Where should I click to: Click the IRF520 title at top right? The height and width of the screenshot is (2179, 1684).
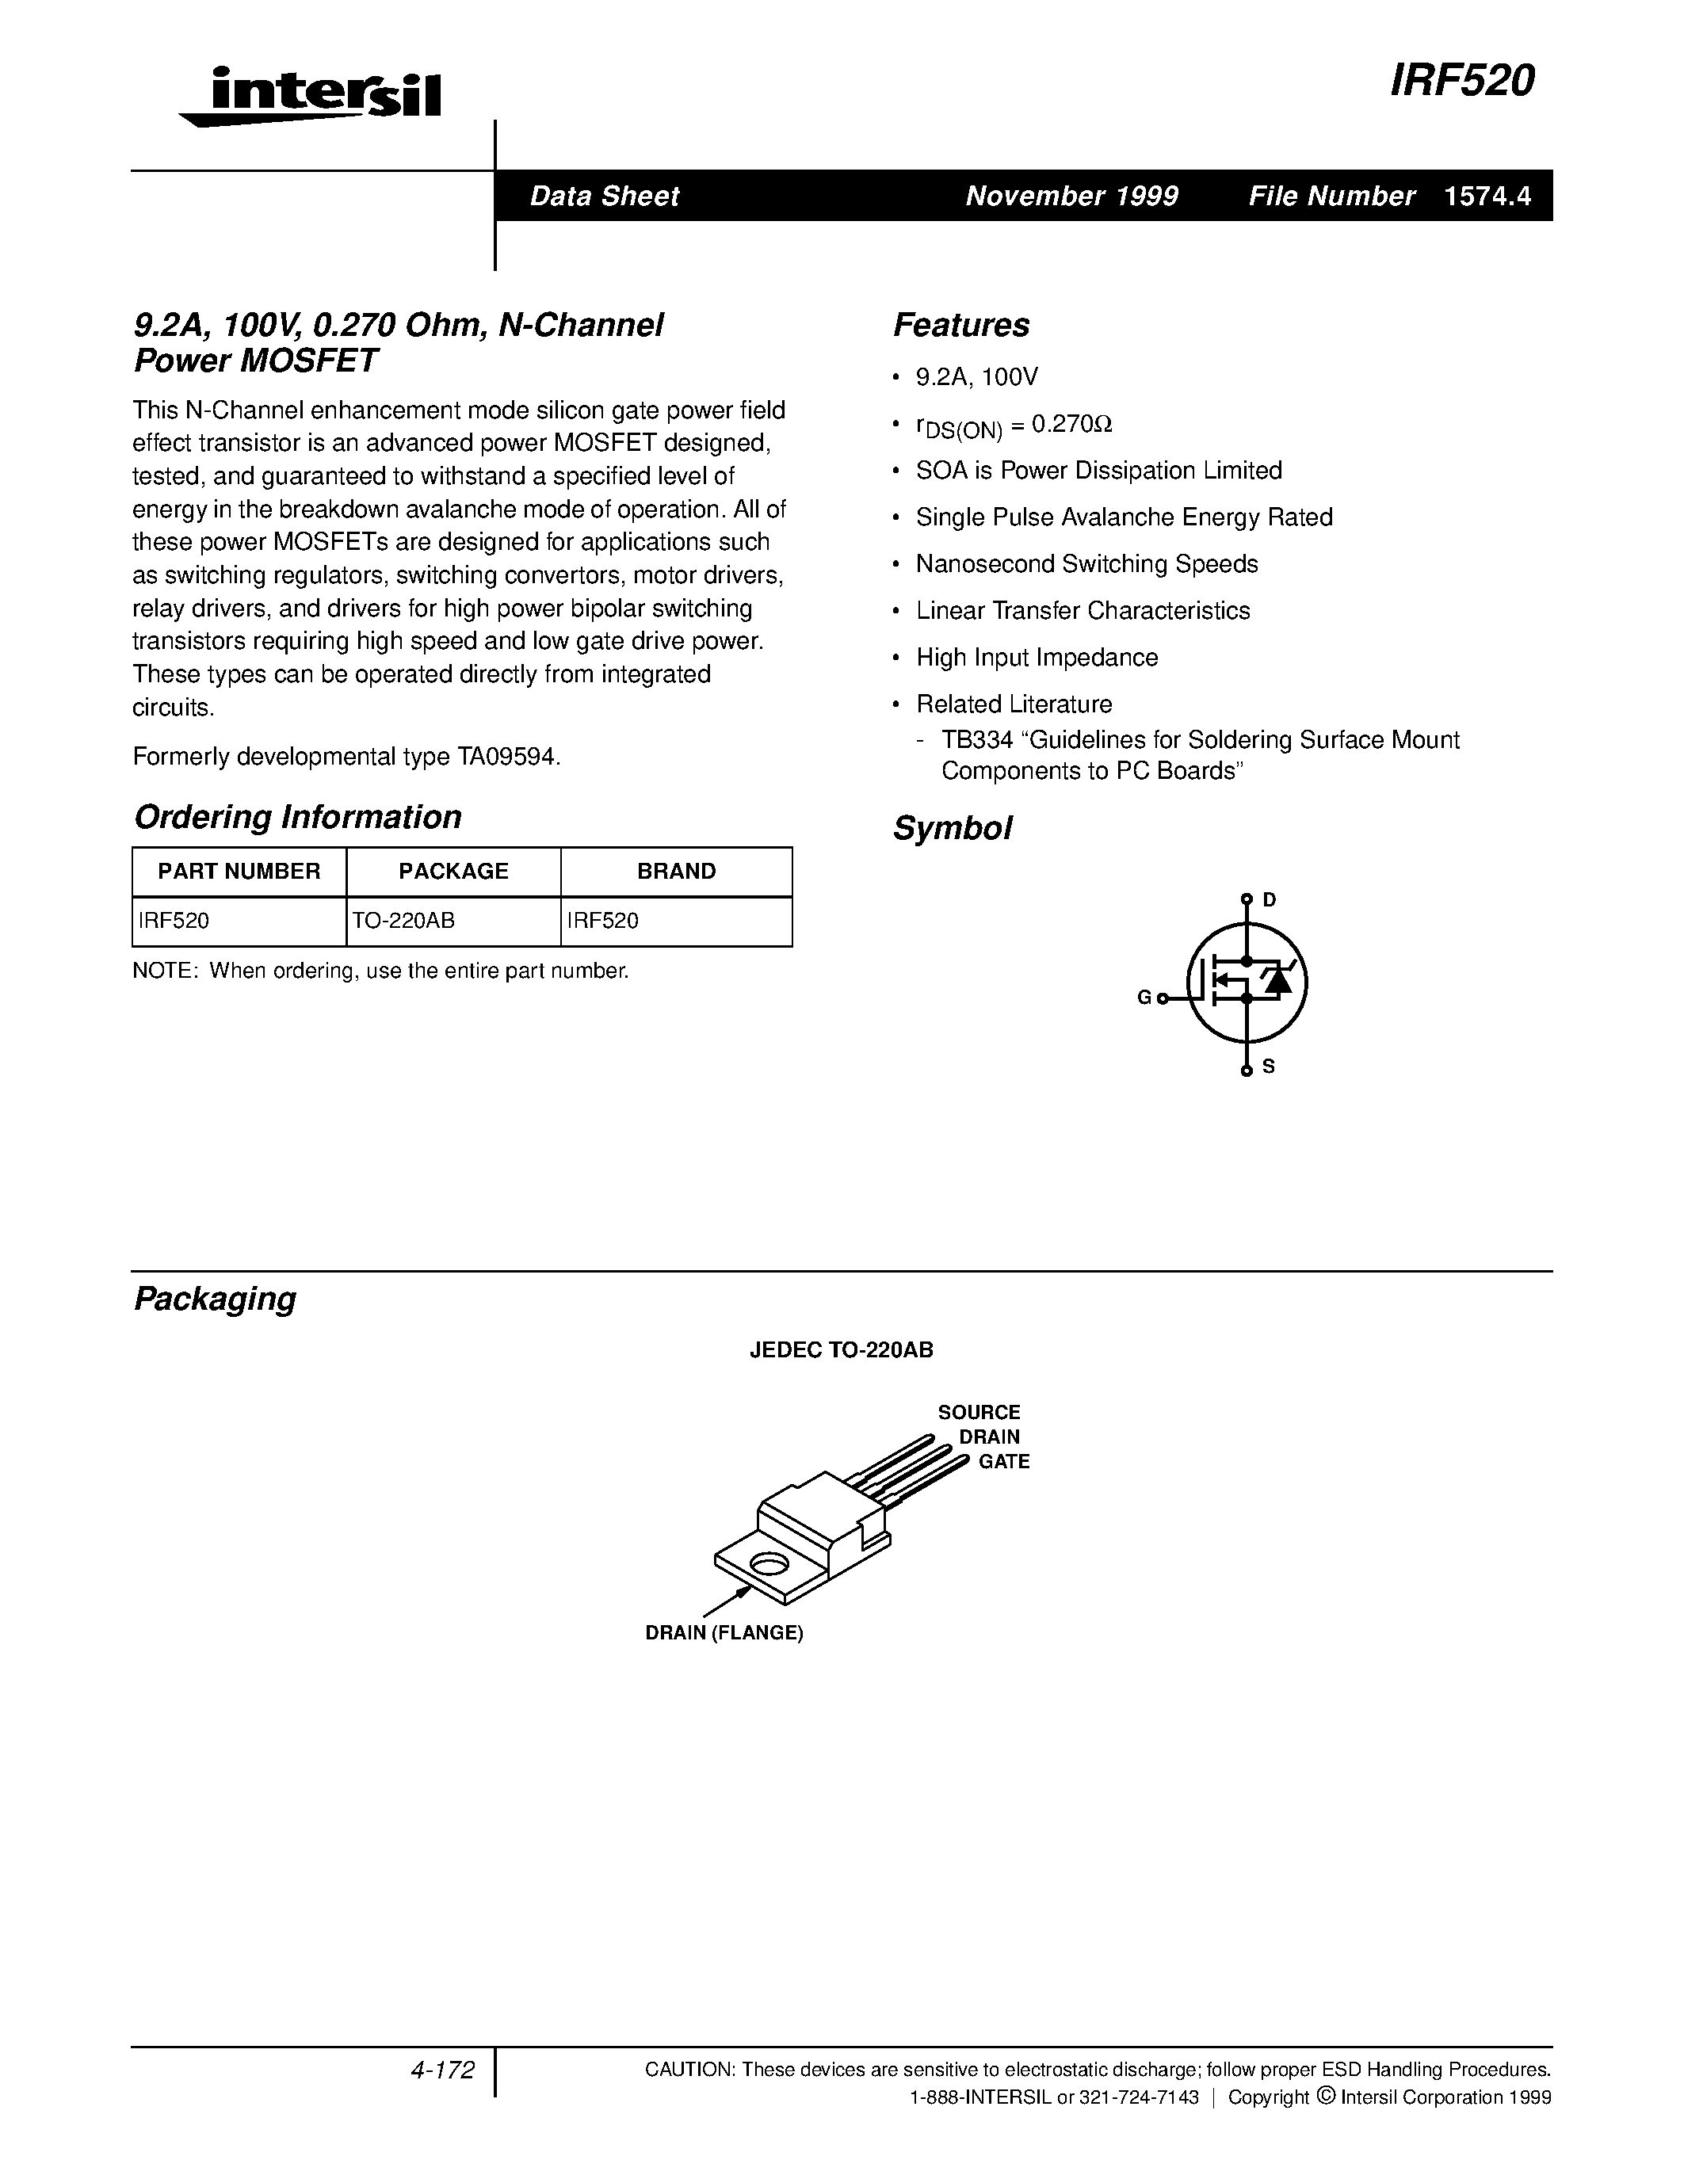[1461, 81]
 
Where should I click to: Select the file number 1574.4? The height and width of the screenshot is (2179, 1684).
[1487, 196]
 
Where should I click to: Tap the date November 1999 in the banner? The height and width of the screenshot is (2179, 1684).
[1071, 196]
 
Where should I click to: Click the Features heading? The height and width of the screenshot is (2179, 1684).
[960, 325]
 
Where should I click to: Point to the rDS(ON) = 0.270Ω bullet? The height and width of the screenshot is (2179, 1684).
[1014, 426]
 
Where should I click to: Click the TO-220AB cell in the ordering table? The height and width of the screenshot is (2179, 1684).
[404, 921]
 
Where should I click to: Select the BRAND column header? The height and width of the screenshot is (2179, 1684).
[677, 871]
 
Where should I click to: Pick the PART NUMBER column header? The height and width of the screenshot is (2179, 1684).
[239, 871]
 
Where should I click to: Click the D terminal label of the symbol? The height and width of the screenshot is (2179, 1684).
[1269, 899]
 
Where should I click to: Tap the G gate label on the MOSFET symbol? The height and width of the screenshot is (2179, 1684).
[1144, 997]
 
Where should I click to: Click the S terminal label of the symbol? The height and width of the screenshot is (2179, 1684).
[1269, 1067]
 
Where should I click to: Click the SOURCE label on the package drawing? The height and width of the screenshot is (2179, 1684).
[978, 1412]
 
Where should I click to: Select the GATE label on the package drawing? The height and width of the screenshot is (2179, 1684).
[1002, 1462]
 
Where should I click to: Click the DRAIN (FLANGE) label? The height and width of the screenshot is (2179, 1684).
[724, 1633]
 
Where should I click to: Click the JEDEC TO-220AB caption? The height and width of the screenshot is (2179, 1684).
[841, 1350]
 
